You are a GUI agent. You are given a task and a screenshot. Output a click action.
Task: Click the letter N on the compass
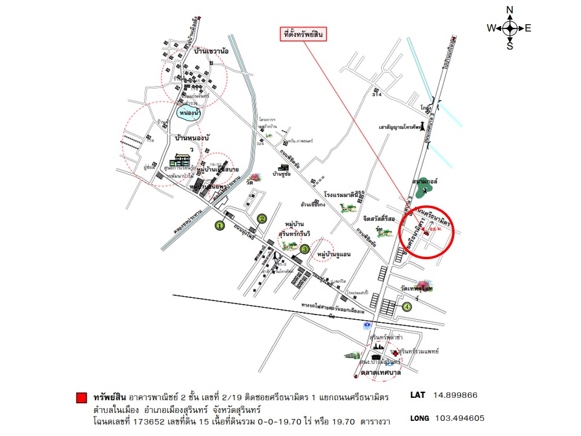pos(510,10)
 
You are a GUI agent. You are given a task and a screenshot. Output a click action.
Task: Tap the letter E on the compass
pos(528,28)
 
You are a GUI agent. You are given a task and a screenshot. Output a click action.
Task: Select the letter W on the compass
pos(491,28)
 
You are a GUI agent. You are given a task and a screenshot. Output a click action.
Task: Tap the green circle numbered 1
pos(220,226)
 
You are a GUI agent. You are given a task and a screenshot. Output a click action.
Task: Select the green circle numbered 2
pos(262,219)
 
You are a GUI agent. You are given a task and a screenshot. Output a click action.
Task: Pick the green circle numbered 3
pos(305,248)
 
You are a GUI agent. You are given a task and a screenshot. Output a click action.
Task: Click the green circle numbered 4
pos(407,307)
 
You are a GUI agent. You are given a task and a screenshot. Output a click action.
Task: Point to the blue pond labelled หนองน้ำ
pos(188,113)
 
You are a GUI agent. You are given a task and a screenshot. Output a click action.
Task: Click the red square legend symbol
pos(81,398)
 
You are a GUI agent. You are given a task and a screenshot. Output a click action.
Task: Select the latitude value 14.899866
pos(456,395)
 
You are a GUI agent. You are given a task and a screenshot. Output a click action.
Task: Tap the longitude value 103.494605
pos(459,418)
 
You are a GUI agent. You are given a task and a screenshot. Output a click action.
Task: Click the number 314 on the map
pos(378,96)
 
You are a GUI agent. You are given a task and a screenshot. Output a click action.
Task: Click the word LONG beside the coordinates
pos(420,418)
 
